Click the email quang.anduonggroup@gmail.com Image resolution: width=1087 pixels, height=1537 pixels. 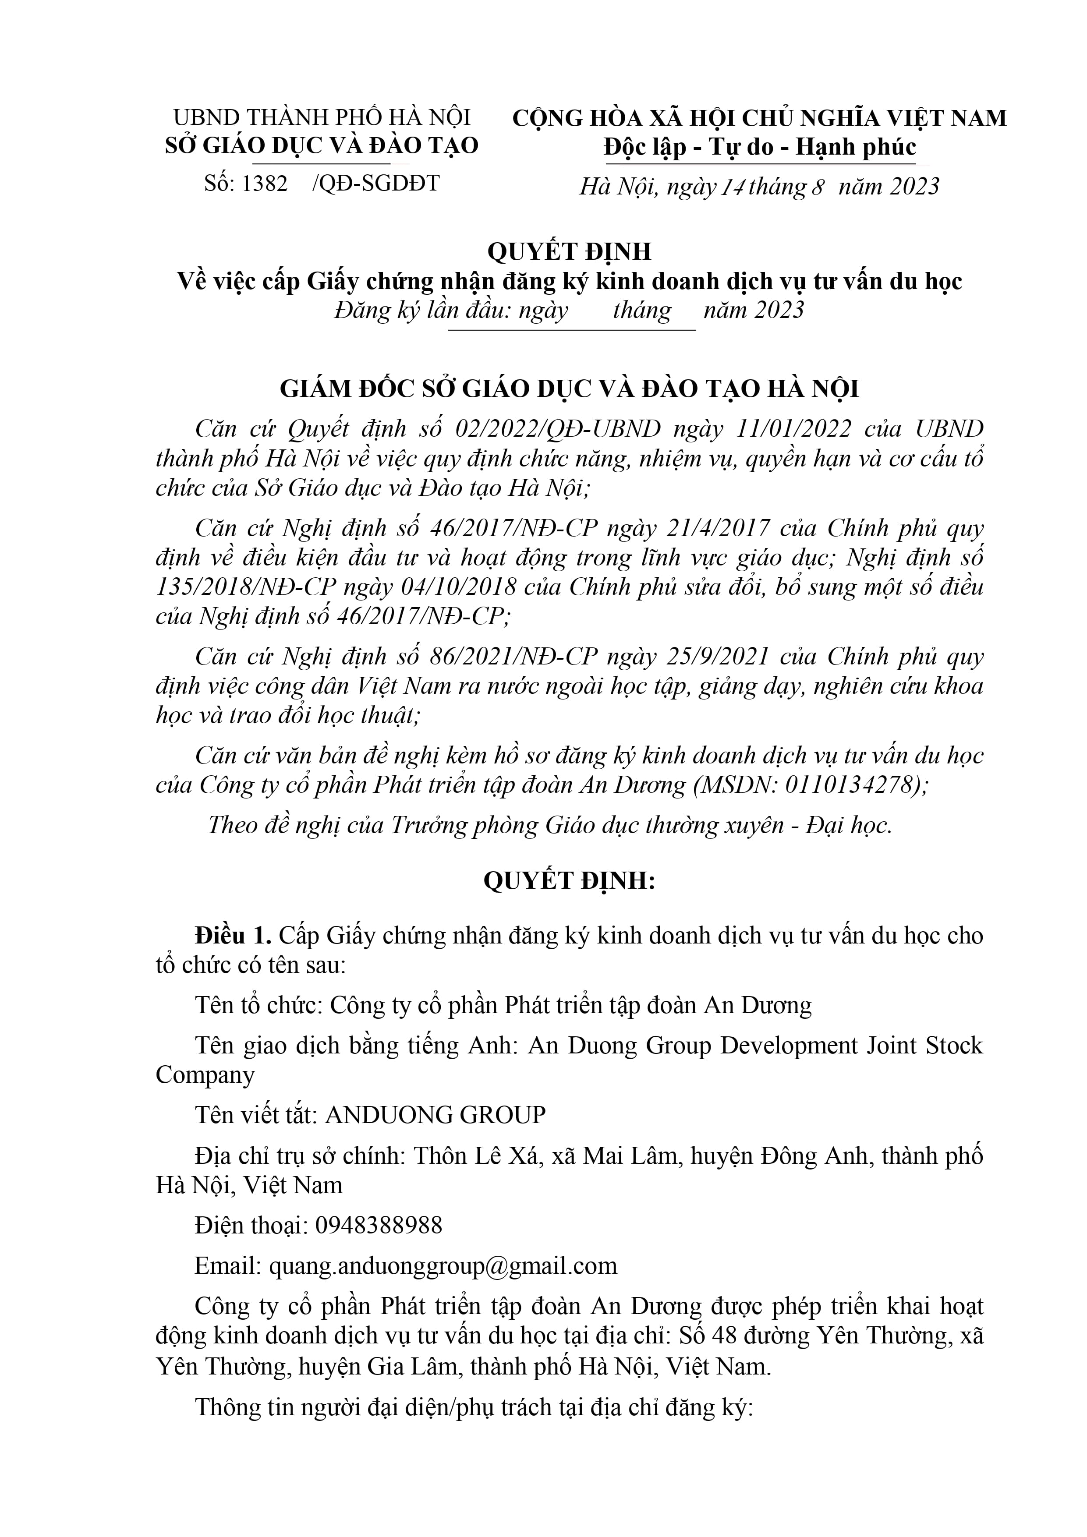(x=443, y=1265)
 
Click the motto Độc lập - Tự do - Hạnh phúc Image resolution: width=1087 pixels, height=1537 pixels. (x=759, y=147)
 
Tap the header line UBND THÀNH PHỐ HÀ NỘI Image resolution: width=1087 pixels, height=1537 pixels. (x=322, y=118)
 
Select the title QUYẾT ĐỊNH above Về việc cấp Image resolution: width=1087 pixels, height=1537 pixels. (x=569, y=251)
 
